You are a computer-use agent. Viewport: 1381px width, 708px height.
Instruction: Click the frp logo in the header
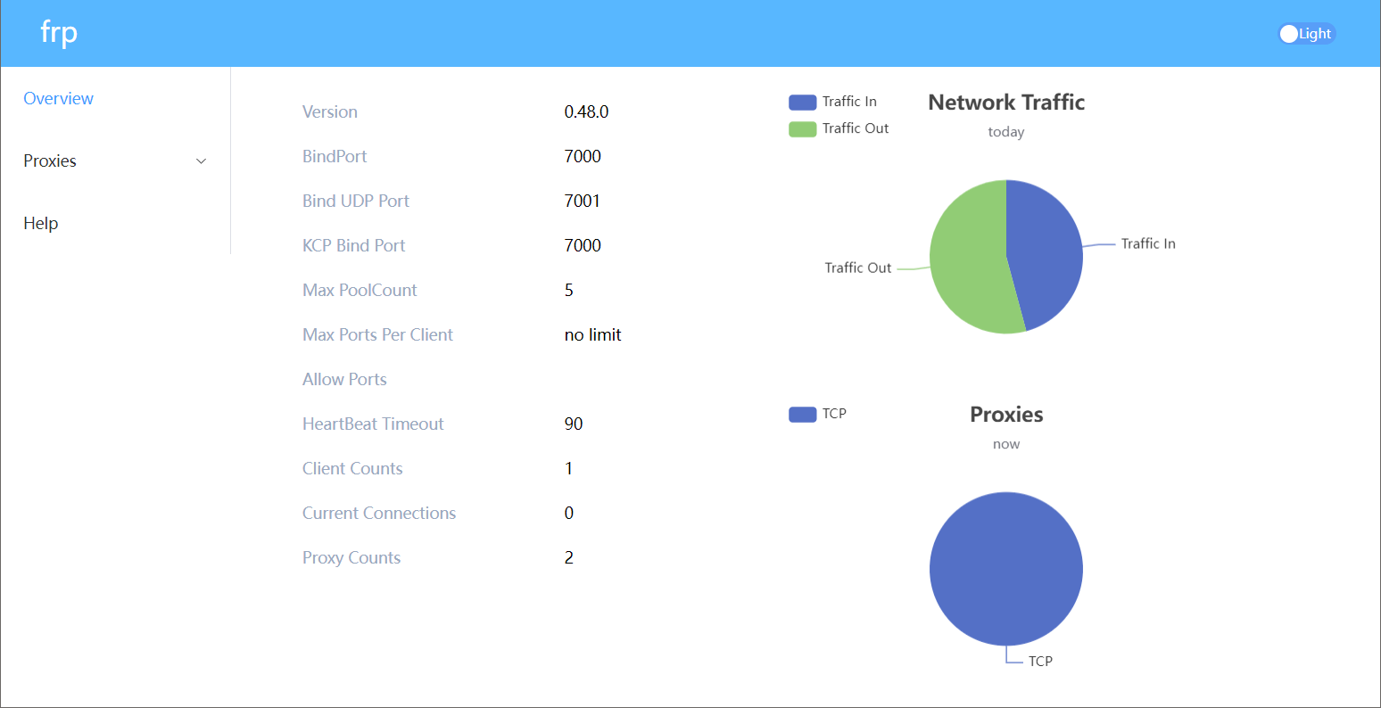[59, 34]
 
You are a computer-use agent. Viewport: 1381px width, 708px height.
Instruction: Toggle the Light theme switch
[1306, 34]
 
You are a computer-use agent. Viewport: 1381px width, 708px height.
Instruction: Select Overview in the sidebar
[59, 99]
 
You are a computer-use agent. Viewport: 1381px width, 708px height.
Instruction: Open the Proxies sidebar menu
[51, 161]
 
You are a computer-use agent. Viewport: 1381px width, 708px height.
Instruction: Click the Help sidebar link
[41, 224]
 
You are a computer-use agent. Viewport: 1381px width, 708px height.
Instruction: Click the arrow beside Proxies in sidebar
[201, 161]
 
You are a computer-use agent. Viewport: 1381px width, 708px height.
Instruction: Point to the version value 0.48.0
[586, 112]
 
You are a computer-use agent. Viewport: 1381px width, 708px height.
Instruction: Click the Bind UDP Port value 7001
[583, 202]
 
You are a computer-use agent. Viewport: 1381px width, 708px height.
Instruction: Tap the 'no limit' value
[592, 335]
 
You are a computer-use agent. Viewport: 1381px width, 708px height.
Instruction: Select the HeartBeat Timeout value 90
[574, 424]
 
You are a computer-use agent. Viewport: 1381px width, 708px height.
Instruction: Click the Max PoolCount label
[360, 291]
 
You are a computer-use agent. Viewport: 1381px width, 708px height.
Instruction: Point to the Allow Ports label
[344, 380]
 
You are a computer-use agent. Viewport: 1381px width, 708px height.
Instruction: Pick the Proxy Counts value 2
[569, 558]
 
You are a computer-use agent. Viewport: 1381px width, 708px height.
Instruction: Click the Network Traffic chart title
[1006, 103]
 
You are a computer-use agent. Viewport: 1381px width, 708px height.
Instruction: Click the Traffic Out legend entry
[839, 128]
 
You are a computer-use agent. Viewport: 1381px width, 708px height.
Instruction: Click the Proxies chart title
[1006, 415]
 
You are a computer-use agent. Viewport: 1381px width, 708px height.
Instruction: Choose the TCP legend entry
[818, 414]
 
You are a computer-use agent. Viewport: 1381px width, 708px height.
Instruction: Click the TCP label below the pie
[1040, 662]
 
